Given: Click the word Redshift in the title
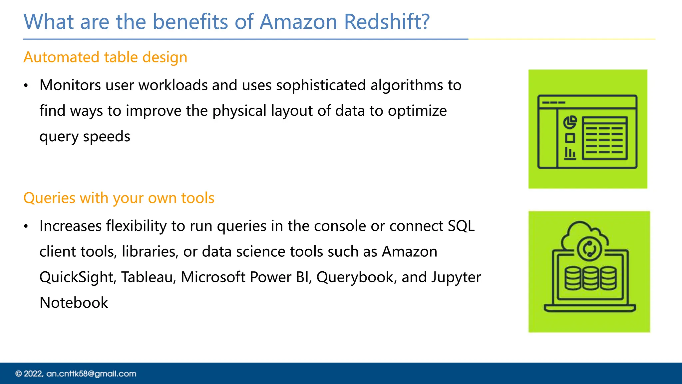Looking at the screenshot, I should (x=387, y=22).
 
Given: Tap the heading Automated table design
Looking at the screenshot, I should (x=105, y=57).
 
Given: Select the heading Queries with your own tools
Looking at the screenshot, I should (x=119, y=198).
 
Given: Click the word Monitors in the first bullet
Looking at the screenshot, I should (x=70, y=85).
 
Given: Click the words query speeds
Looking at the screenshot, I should (x=85, y=137).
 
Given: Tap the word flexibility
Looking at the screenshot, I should (x=136, y=226).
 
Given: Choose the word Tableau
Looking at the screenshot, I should (x=148, y=277).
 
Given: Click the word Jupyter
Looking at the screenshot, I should (x=456, y=277).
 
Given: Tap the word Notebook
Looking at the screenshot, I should (x=74, y=303).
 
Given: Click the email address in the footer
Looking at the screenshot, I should (x=91, y=374).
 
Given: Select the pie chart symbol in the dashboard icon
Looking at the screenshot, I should (x=570, y=122).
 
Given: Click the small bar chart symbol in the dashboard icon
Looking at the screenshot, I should (x=570, y=153).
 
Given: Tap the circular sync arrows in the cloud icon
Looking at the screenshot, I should (x=589, y=249).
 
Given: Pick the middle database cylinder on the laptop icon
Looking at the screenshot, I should (x=590, y=278).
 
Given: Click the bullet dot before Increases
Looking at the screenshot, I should (x=26, y=227).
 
